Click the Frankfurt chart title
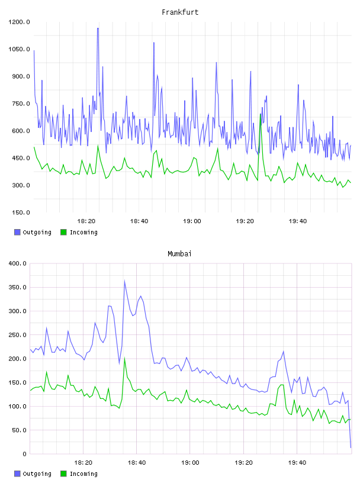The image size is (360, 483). pos(180,12)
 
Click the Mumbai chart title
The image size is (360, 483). pos(179,254)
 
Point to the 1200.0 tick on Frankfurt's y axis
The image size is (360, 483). pos(19,22)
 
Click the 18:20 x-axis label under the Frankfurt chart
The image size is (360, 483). pos(86,221)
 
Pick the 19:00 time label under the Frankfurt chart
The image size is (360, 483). pos(192,221)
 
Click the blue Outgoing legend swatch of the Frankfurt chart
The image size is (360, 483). pos(17,232)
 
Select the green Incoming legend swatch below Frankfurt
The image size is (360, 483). pos(63,232)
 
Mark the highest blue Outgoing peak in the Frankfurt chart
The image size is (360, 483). pos(98,28)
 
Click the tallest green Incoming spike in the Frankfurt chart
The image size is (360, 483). pos(261,114)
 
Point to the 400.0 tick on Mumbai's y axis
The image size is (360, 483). pos(18,263)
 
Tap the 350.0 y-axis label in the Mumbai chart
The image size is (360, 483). pos(18,288)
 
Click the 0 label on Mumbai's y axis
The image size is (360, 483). pos(24,454)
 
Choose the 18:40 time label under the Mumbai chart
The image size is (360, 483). pos(137,463)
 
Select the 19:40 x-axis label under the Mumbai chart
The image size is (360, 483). pos(297,463)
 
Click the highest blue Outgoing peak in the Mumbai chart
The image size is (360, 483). pos(124,281)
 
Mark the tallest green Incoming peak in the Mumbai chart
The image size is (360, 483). pos(124,358)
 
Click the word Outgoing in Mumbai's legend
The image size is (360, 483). pos(37,474)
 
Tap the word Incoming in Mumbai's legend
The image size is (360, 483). pos(83,474)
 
